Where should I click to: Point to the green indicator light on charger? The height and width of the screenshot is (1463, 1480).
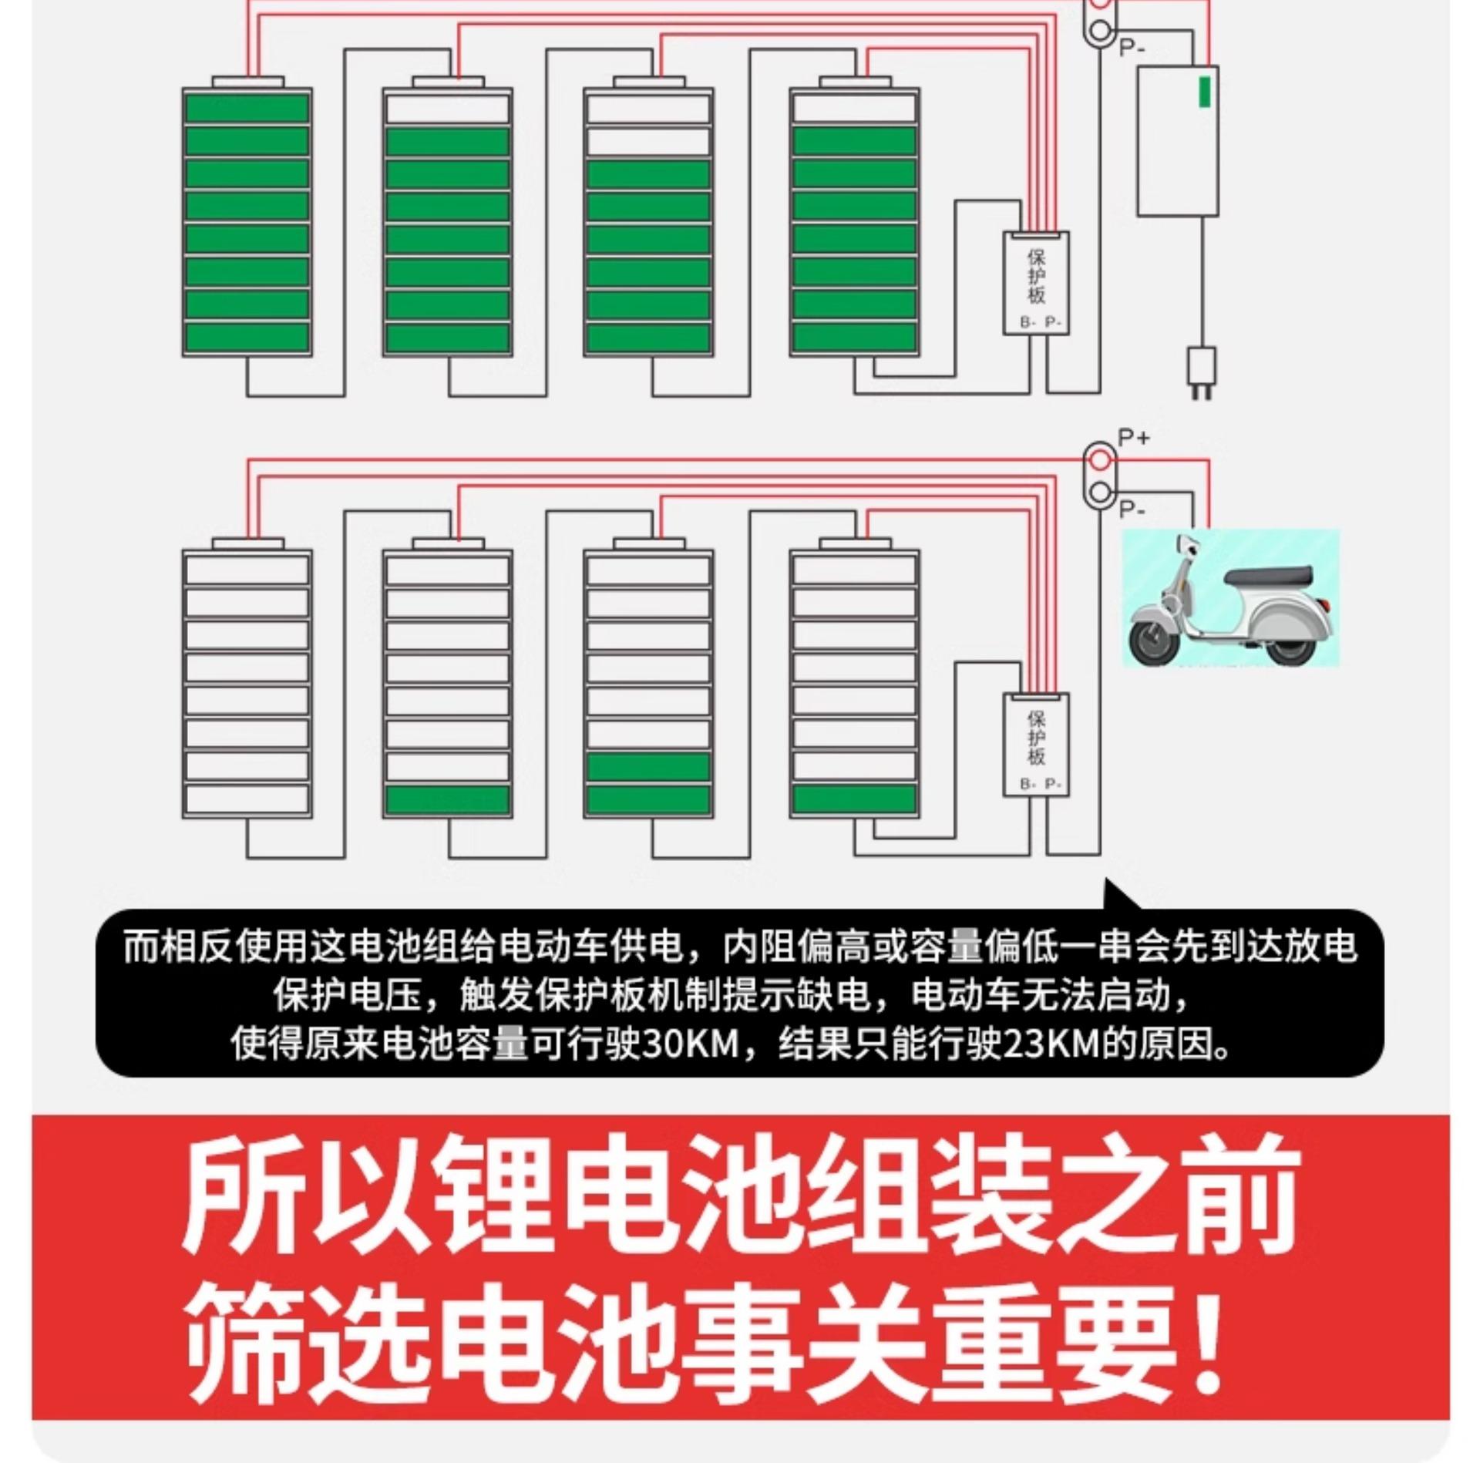pos(1203,91)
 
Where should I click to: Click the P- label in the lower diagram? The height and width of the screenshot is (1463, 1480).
pos(1132,510)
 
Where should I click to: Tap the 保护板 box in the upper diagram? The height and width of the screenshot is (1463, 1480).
pos(1036,282)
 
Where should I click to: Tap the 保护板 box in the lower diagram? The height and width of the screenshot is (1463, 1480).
pos(1036,744)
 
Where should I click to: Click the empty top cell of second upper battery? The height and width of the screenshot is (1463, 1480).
pos(447,109)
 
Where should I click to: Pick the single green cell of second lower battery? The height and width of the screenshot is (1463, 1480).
pos(447,799)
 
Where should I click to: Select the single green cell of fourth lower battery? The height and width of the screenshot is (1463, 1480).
pos(854,799)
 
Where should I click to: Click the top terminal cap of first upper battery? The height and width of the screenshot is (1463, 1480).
pos(247,82)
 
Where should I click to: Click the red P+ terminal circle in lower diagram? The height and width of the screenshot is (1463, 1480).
pos(1100,461)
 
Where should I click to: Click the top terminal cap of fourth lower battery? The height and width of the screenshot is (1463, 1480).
pos(854,543)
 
